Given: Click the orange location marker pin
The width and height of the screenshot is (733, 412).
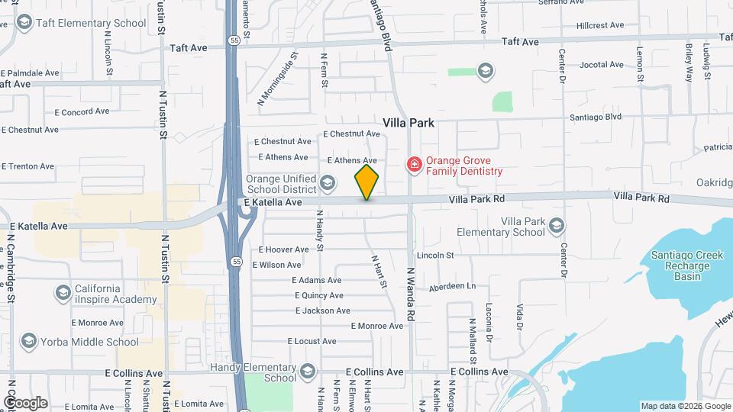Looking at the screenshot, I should pos(366,182).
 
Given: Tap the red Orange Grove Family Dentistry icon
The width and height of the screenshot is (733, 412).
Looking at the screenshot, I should pos(414,165).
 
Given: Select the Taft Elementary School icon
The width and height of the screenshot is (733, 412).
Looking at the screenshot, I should pos(24,23).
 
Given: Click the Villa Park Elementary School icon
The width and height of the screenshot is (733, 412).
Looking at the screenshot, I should pos(557,225).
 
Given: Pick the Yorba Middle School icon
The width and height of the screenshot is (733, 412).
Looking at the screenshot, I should pos(29,341).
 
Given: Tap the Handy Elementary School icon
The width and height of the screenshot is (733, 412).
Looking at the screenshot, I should pos(307,371).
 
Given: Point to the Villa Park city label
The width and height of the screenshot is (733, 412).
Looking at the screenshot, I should pos(408,122).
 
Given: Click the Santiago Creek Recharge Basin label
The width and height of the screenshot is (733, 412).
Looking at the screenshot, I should pos(687,266).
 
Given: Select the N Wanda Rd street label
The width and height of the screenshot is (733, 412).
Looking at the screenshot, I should pos(410,294).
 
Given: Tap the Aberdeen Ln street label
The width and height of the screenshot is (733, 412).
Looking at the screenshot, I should pos(452,286).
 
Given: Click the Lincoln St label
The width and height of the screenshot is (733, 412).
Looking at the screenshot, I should pos(435,255).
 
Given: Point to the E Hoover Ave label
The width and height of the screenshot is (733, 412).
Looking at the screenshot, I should pos(283,249).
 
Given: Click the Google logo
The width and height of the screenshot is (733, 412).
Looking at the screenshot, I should pos(25,403).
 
